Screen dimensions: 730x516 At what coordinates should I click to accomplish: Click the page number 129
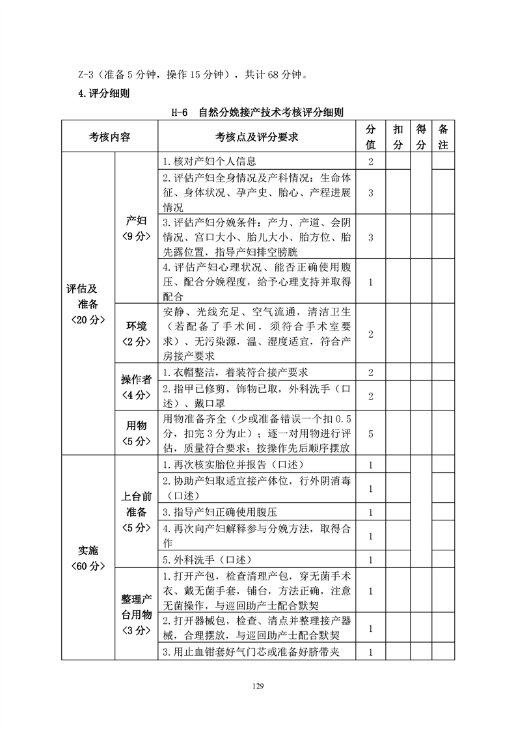pyautogui.click(x=258, y=684)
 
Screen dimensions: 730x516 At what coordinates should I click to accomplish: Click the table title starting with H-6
pyautogui.click(x=257, y=113)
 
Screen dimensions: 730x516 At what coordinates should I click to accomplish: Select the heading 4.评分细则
pyautogui.click(x=103, y=94)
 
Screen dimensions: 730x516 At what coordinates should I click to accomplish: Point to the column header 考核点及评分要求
pyautogui.click(x=256, y=137)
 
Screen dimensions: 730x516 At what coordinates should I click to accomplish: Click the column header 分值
pyautogui.click(x=370, y=137)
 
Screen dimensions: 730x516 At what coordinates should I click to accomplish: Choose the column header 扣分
pyautogui.click(x=398, y=137)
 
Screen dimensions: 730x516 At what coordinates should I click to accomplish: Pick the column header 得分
pyautogui.click(x=421, y=137)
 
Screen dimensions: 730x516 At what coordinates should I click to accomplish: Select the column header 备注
pyautogui.click(x=443, y=137)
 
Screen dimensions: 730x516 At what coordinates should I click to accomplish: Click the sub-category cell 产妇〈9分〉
pyautogui.click(x=136, y=228)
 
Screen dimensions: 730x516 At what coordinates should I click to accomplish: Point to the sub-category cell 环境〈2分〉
pyautogui.click(x=136, y=333)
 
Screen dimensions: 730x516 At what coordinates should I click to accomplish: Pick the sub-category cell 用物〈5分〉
pyautogui.click(x=136, y=433)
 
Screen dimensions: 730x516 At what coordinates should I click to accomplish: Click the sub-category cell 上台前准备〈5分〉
pyautogui.click(x=136, y=512)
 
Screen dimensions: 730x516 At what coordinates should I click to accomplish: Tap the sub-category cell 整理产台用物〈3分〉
pyautogui.click(x=136, y=614)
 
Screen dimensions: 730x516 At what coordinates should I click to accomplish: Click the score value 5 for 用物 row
pyautogui.click(x=370, y=433)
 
